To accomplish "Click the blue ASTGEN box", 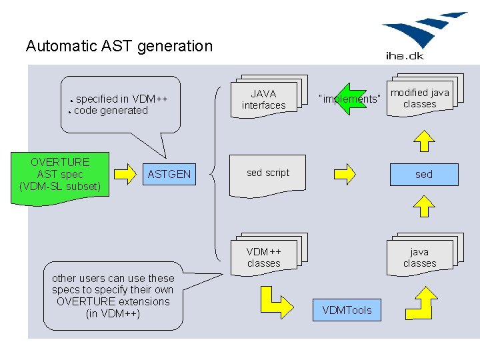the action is (169, 174).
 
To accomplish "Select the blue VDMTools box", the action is (347, 310).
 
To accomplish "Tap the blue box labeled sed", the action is (424, 175).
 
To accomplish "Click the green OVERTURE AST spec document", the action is (60, 177).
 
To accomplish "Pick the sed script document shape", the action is (267, 175).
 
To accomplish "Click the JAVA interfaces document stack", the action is (269, 96).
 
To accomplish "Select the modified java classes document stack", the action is (425, 95).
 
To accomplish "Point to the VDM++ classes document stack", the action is (269, 254).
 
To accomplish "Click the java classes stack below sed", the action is (425, 254).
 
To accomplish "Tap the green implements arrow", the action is (351, 99).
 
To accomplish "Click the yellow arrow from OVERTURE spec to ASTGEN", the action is (125, 174).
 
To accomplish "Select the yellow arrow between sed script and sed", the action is (345, 174).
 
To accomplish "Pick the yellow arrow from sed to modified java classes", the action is (424, 141).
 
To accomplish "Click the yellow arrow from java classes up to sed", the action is (424, 206).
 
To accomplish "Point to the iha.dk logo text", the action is (405, 56).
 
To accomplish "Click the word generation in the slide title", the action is (175, 47).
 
